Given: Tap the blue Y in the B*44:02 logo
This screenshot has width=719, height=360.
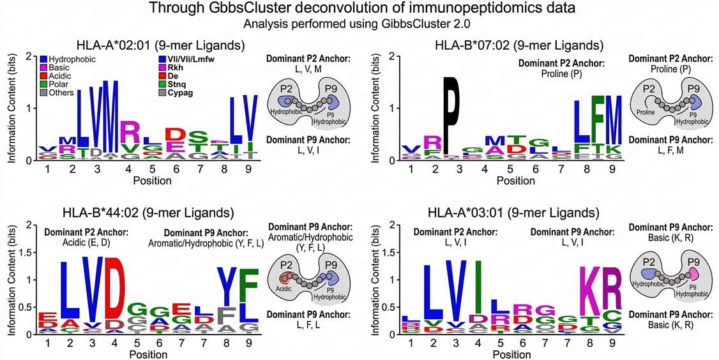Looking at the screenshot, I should [223, 286].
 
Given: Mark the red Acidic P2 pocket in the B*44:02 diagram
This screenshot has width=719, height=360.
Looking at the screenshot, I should [287, 278].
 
